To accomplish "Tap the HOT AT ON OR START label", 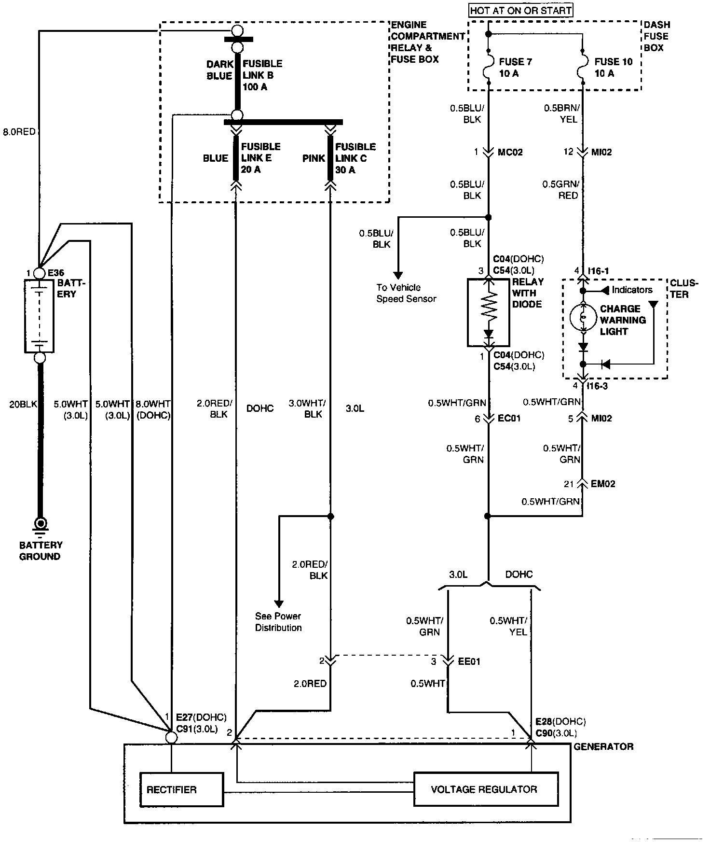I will tap(521, 10).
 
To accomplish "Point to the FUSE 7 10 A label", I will tap(515, 68).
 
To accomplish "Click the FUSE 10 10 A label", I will tap(613, 68).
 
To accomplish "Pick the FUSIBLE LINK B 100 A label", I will tap(262, 75).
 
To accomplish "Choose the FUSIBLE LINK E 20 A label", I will tap(260, 158).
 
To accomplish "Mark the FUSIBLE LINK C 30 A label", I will tap(355, 158).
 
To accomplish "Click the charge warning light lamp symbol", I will tap(583, 317).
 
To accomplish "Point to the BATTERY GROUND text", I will tap(41, 551).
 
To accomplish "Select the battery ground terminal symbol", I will tap(40, 523).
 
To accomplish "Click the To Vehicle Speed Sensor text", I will tap(406, 293).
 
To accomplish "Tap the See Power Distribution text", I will tap(278, 622).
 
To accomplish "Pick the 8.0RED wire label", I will tap(19, 131).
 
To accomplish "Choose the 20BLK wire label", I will tap(23, 404).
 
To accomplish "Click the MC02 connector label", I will tap(510, 153).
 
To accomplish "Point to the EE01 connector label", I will tap(469, 661).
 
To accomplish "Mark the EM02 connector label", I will tap(603, 484).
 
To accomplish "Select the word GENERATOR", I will tap(603, 746).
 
